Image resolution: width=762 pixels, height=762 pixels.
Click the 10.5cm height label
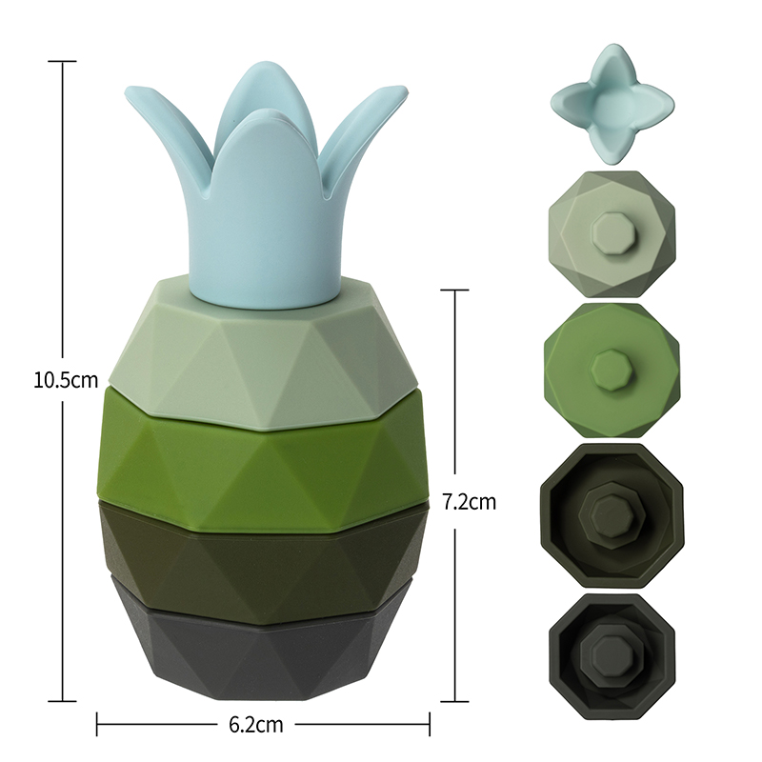[66, 379]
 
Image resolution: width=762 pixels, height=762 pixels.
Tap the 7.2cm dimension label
[470, 502]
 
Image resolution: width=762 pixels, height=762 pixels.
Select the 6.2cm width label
[255, 725]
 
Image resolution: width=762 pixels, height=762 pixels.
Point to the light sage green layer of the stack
[263, 350]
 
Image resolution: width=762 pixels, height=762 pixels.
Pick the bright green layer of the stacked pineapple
[263, 467]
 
